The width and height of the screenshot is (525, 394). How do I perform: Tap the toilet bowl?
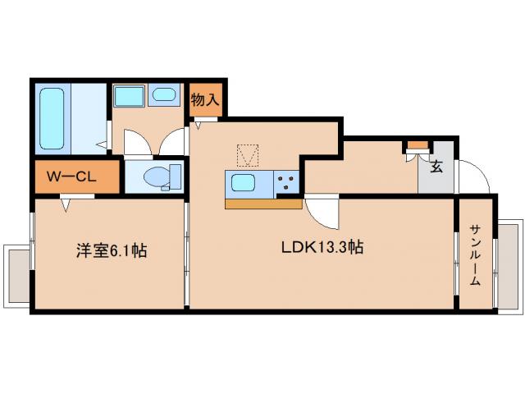pyautogui.click(x=153, y=176)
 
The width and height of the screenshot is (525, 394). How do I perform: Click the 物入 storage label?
pyautogui.click(x=205, y=99)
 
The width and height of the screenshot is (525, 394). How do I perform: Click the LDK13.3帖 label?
pyautogui.click(x=324, y=247)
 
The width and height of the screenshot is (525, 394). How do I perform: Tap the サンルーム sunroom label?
pyautogui.click(x=475, y=254)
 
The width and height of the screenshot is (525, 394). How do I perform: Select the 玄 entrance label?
pyautogui.click(x=436, y=166)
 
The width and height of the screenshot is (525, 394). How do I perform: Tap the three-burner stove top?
pyautogui.click(x=286, y=182)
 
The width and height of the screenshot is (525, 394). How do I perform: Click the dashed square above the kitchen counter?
pyautogui.click(x=248, y=154)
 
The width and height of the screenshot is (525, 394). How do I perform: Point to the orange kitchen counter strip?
pyautogui.click(x=262, y=204)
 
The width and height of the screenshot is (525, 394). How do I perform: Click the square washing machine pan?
pyautogui.click(x=129, y=95)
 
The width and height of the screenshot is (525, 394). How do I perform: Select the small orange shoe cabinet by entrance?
pyautogui.click(x=418, y=145)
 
